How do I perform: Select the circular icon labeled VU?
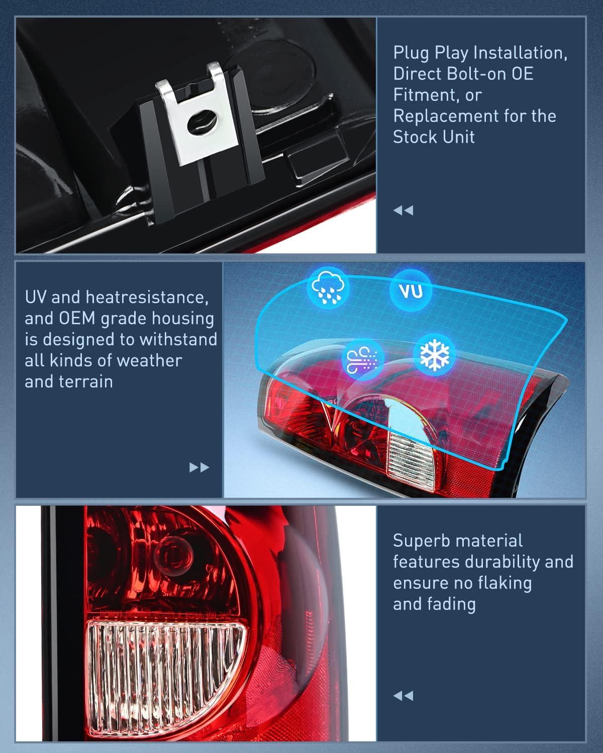click(410, 291)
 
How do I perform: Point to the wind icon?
click(363, 360)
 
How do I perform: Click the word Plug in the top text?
click(412, 53)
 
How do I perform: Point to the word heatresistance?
click(147, 297)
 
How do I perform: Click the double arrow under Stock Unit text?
click(403, 210)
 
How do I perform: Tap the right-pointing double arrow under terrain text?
click(199, 468)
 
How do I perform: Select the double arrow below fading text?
click(403, 696)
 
